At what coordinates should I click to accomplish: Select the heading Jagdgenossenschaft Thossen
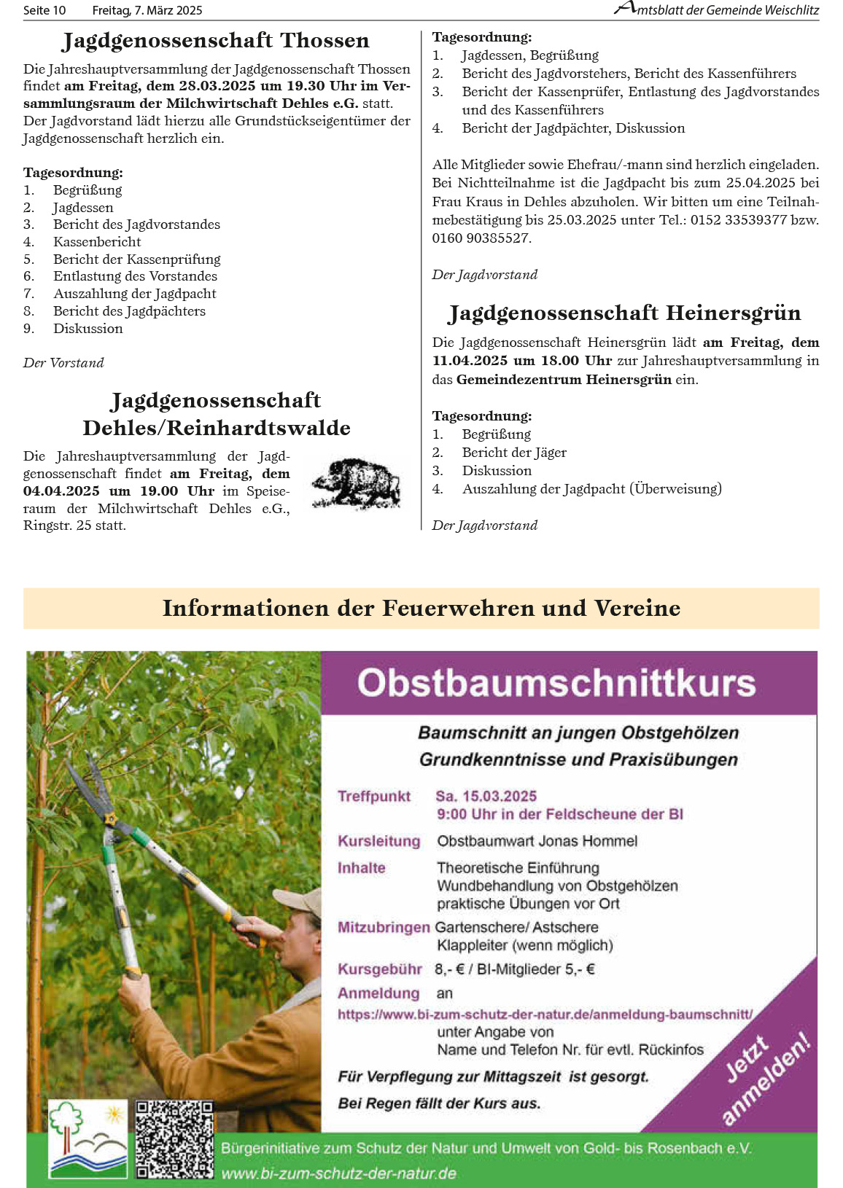point(216,41)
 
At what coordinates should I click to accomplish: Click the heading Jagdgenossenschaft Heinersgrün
point(625,313)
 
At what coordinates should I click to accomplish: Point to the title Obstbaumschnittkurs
point(556,684)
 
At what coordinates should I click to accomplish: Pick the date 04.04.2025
point(61,491)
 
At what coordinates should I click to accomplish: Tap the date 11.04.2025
point(470,361)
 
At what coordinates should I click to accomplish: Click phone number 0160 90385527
point(481,238)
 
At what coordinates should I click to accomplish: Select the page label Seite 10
point(44,10)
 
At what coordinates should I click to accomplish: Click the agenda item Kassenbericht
point(97,242)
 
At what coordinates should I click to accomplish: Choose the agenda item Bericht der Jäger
point(514,453)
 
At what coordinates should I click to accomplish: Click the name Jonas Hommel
point(600,841)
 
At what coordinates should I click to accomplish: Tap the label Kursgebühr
point(379,969)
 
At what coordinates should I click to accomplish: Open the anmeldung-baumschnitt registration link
point(545,1014)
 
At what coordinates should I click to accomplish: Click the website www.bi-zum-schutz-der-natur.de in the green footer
point(338,1173)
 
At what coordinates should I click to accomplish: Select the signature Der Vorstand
point(63,363)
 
